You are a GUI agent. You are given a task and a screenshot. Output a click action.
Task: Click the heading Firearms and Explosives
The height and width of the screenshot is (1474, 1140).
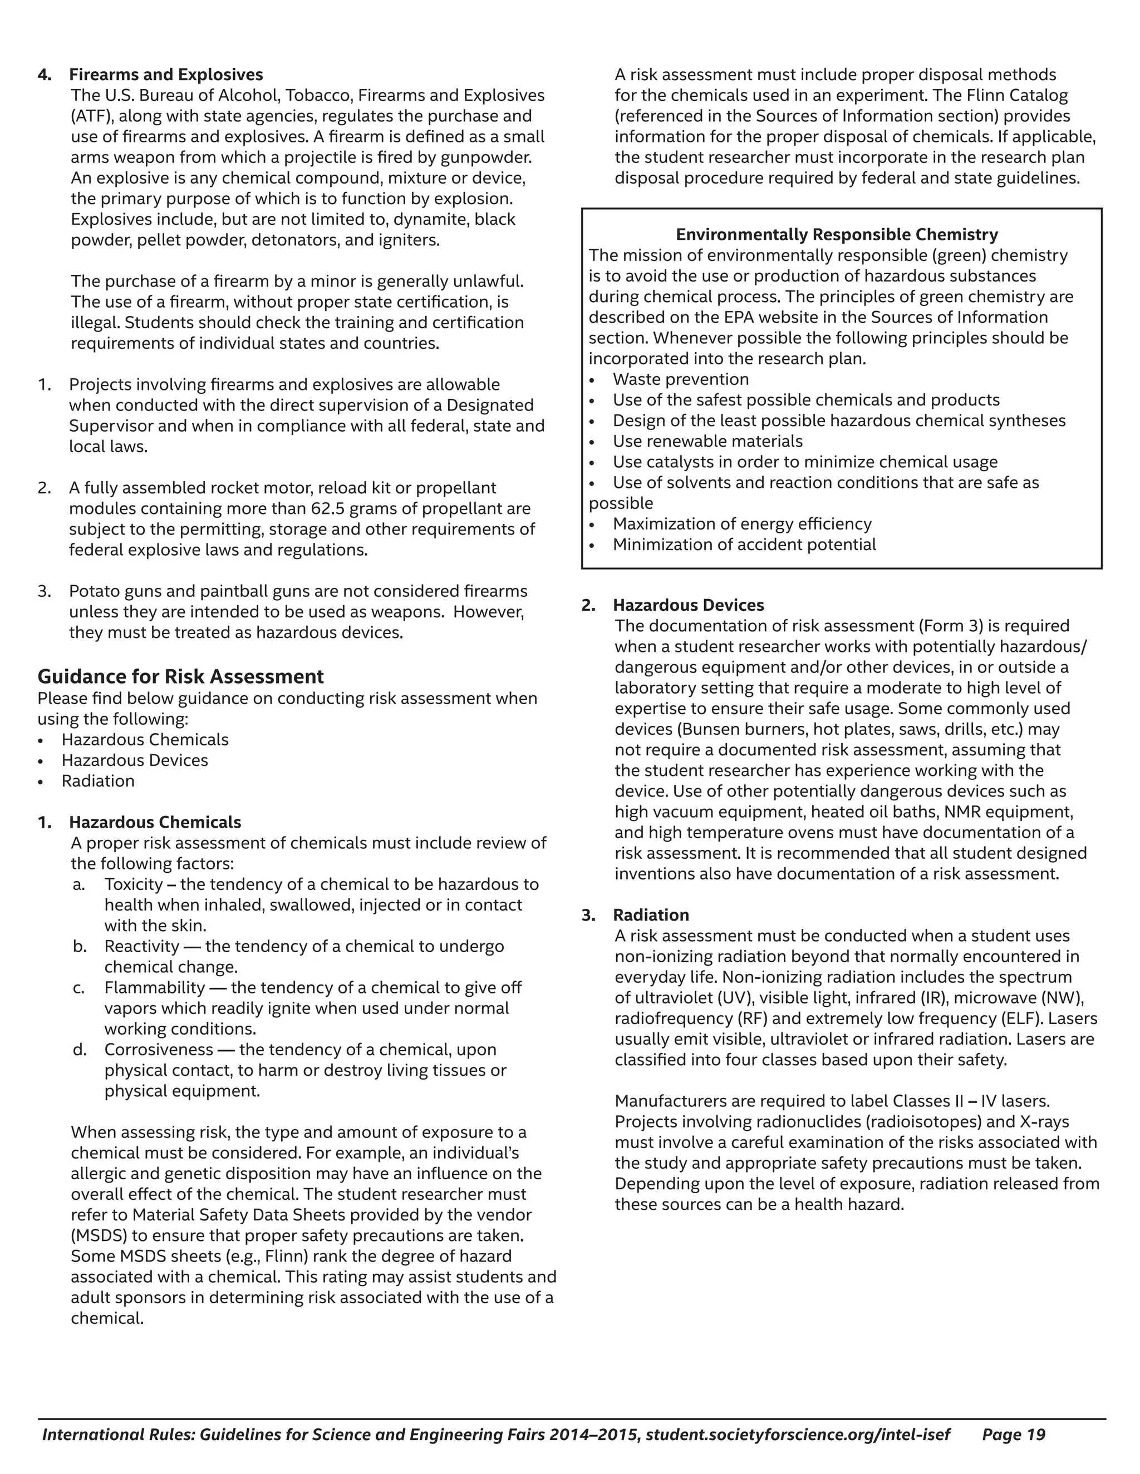coord(166,74)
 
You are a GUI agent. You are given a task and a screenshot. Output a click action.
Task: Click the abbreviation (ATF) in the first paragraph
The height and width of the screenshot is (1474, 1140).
coord(91,116)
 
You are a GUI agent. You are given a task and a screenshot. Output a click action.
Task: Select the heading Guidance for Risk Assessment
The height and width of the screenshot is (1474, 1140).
coord(180,676)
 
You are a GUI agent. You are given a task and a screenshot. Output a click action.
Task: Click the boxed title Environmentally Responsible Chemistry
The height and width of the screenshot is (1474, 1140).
coord(837,234)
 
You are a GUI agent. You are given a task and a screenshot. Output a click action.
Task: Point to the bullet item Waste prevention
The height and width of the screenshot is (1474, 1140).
coord(680,379)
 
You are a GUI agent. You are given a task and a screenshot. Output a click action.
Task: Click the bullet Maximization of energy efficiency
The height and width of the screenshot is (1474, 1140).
coord(741,524)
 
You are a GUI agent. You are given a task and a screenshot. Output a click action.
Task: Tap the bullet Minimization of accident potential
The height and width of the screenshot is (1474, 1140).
coord(744,545)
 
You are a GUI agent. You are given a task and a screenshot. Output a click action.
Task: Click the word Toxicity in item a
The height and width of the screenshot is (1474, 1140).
coord(134,884)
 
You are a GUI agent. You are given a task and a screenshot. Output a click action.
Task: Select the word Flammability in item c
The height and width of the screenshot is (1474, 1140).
coord(154,987)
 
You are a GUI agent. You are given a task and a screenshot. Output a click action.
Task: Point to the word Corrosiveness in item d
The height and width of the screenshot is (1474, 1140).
coord(158,1050)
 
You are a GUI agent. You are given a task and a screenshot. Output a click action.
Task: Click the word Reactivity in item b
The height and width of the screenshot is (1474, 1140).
coord(142,946)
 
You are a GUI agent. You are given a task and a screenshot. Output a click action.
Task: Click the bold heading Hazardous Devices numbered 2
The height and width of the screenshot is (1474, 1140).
coord(688,605)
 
